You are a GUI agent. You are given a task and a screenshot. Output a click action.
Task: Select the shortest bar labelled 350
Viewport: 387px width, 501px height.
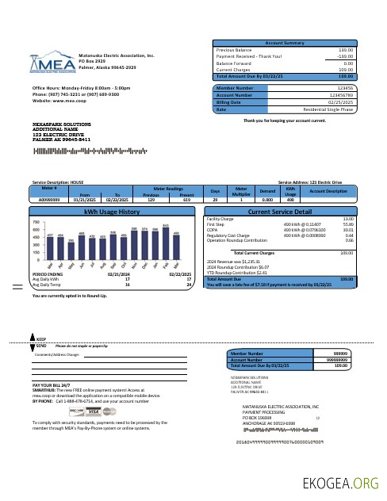(71, 251)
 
